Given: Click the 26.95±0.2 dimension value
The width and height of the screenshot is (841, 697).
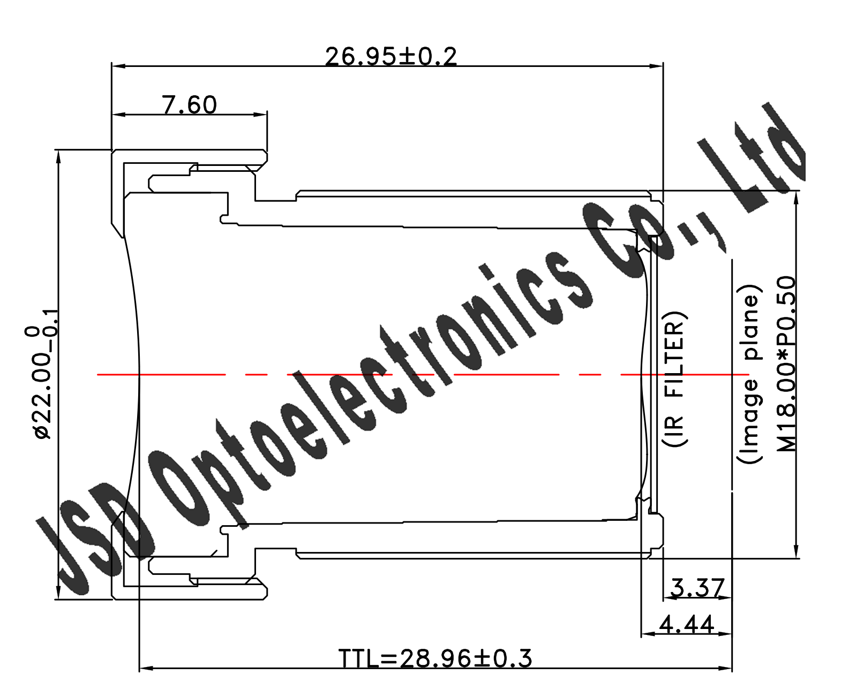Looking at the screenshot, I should click(x=391, y=56).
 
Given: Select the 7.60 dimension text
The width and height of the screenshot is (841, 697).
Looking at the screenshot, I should click(x=190, y=105).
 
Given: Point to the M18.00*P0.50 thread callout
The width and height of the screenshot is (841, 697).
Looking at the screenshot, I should click(x=786, y=364).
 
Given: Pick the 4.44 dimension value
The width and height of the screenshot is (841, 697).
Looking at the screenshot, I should click(x=687, y=624).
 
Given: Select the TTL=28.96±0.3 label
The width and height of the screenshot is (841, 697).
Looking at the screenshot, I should click(x=435, y=658).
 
